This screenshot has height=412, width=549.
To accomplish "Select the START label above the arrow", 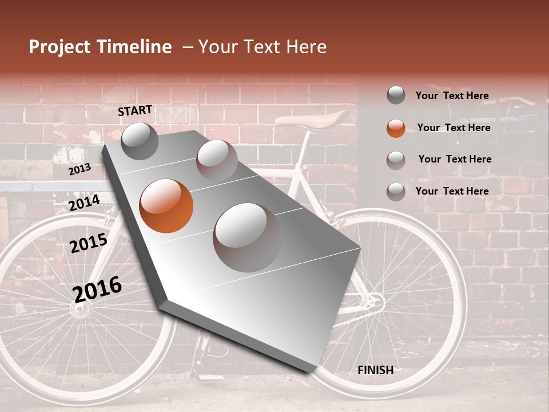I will coord(135,110).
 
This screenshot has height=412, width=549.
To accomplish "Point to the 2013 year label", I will coord(79,169).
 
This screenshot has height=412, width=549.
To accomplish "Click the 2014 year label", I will coord(84,203).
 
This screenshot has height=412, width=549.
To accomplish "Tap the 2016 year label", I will coord(97,289).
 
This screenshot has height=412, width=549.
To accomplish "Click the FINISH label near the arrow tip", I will coord(375,370).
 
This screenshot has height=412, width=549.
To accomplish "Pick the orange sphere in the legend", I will coord(396,128).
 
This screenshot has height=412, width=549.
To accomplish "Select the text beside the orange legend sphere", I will coord(453,128).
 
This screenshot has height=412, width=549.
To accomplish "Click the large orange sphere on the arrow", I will coord(166,206).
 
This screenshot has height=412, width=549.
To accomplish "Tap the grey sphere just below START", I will coord(140,141).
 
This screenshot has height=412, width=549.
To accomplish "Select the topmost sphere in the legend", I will coord(396,95).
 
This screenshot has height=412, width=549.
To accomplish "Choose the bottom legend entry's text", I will coord(452,191).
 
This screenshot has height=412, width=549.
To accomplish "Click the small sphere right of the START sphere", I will coord(217,159).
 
